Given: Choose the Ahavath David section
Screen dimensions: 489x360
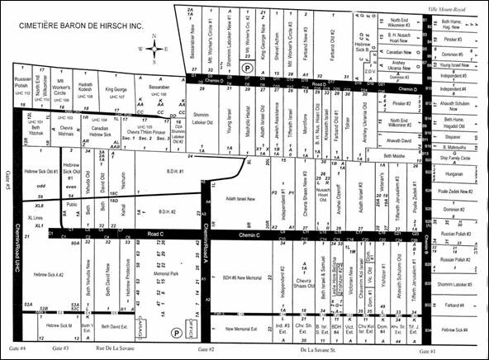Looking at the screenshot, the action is click(393, 140).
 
